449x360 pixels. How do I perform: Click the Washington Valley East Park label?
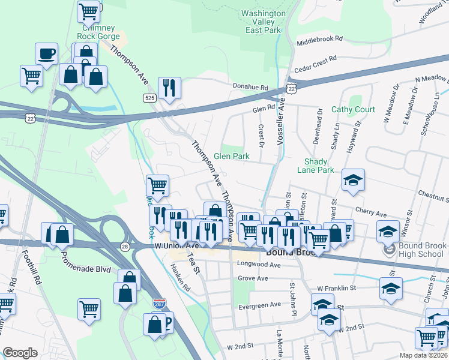point(263,22)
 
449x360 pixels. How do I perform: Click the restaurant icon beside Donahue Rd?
point(170,88)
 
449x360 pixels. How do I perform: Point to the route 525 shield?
point(150,97)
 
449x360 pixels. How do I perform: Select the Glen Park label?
point(232,156)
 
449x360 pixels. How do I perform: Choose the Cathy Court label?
point(353,110)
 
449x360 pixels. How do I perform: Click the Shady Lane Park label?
point(315,166)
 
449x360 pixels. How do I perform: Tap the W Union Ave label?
point(176,245)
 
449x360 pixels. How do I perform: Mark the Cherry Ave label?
point(371,212)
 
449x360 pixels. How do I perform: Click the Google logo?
point(20,353)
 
